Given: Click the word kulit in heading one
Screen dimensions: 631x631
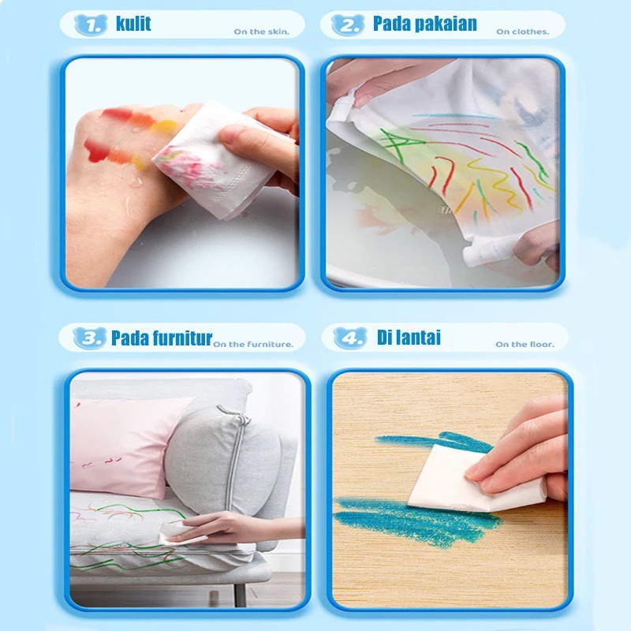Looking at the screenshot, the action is pyautogui.click(x=133, y=24).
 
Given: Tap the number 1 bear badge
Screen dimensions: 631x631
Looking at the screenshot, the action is pyautogui.click(x=91, y=25).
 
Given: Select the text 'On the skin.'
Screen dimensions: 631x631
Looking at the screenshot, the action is pyautogui.click(x=262, y=32).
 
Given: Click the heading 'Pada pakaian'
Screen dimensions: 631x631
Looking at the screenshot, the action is pyautogui.click(x=424, y=24).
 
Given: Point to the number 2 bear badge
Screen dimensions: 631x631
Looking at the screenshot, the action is pyautogui.click(x=348, y=25).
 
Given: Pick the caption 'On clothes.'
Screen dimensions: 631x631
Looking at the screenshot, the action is pyautogui.click(x=522, y=32).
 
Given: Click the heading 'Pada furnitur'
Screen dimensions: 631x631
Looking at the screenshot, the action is pyautogui.click(x=162, y=338).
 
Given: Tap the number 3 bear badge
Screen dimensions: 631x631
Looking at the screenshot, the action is pyautogui.click(x=90, y=338).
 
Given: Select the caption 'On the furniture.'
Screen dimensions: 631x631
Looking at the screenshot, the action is pyautogui.click(x=253, y=345).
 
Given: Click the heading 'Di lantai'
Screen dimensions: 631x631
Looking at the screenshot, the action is pyautogui.click(x=409, y=338).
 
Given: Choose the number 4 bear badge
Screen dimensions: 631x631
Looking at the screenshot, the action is pyautogui.click(x=350, y=338).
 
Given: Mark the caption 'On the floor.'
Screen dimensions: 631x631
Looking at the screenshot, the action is pyautogui.click(x=525, y=345).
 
